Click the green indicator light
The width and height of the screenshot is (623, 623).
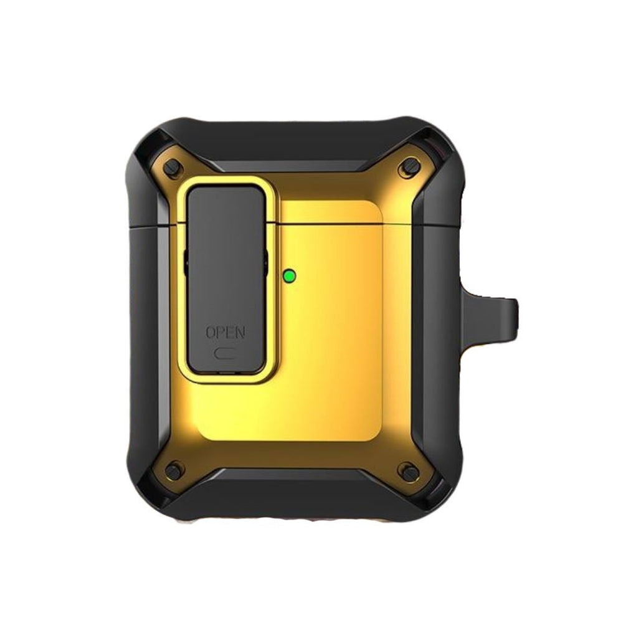click(289, 275)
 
